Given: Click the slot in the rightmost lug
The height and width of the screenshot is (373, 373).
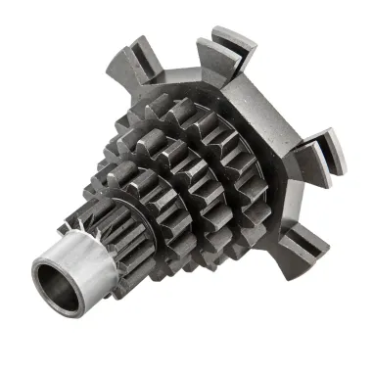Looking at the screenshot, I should (334, 148).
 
